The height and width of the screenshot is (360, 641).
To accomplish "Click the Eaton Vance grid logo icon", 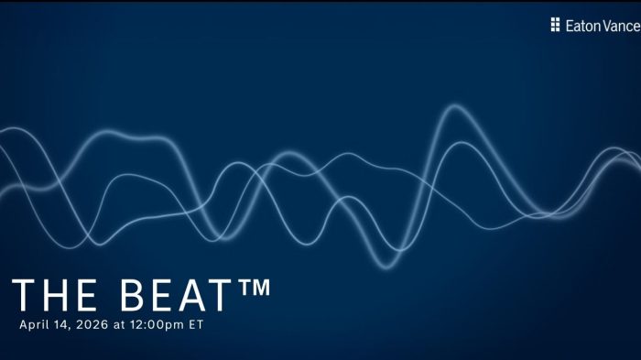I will point(555,25).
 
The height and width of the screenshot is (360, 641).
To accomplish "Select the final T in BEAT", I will point(223,296).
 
